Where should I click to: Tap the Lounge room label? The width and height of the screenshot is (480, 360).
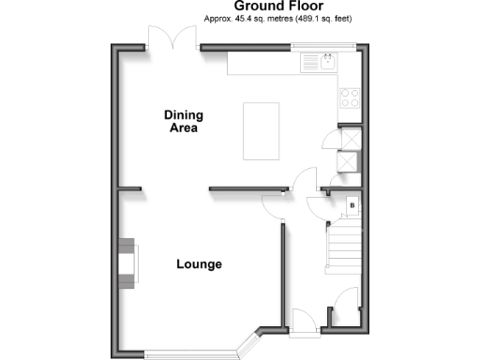(199, 264)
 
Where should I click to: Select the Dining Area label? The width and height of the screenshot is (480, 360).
(183, 121)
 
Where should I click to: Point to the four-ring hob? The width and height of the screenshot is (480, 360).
(350, 97)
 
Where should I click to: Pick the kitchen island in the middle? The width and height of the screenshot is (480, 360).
(262, 131)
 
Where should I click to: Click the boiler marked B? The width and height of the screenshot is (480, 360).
(351, 204)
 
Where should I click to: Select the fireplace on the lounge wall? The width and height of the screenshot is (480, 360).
(126, 260)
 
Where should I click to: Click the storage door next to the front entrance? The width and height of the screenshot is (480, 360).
(345, 300)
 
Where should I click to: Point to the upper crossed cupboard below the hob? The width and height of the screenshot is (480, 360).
(349, 134)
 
